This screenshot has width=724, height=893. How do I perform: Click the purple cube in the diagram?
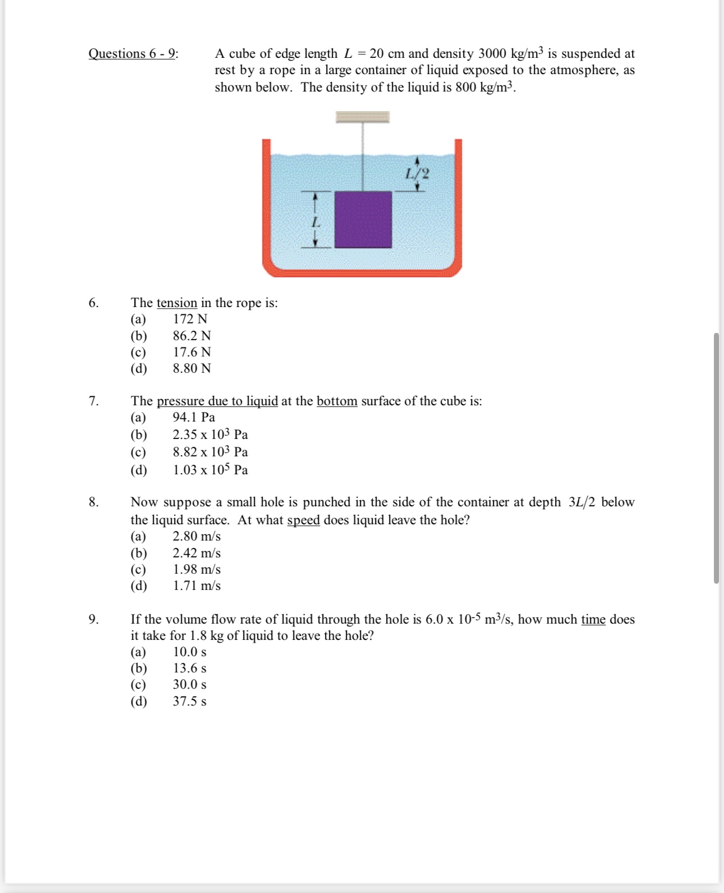coord(363,219)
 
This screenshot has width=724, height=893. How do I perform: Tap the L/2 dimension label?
coord(417,173)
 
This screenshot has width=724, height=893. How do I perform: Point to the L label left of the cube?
coord(315,223)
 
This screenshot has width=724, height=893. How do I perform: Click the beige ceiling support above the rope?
coord(363,117)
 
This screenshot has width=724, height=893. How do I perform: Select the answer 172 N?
coord(190,319)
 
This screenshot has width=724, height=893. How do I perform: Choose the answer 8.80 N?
coord(191,368)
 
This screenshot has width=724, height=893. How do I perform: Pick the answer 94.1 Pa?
coord(194,417)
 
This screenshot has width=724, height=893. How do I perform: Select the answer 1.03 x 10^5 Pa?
coord(210,470)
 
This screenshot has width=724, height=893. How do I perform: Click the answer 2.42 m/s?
coord(196,553)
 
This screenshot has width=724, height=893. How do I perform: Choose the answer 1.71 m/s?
coord(196,585)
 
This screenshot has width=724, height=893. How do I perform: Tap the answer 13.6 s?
coord(190,668)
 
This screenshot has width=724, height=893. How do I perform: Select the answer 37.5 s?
coord(190,701)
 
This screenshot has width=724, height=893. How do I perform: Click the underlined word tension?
coord(177,303)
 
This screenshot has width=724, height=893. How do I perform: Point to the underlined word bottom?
coord(337,401)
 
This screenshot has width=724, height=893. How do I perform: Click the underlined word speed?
coord(303,520)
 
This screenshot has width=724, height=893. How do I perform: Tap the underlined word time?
coord(593,620)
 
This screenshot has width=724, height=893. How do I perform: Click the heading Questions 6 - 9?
coord(133,53)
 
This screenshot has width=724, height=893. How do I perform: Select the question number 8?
coord(94,502)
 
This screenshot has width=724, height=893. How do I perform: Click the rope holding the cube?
coord(363,157)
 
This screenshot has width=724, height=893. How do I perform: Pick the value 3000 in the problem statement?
coord(492,54)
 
